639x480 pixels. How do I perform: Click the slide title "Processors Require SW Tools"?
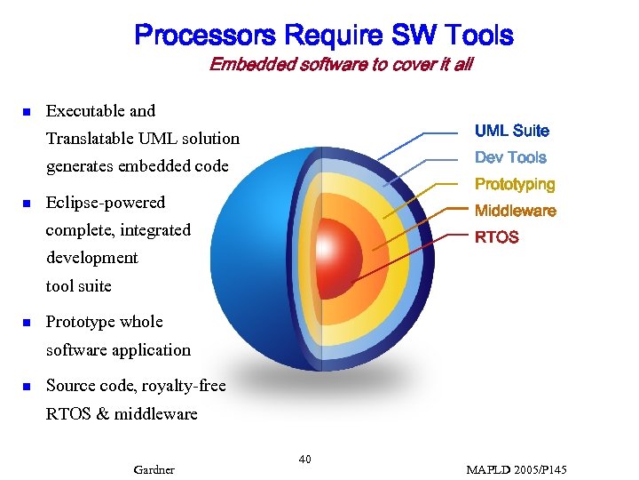323,36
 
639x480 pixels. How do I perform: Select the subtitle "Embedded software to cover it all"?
341,64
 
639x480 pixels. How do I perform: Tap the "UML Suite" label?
511,131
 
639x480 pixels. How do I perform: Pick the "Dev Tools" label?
510,157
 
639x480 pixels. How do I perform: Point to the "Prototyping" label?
515,184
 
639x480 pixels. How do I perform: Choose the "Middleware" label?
515,211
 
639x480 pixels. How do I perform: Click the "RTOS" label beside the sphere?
497,237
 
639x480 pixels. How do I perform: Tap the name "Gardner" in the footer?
154,469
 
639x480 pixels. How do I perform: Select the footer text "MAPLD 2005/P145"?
516,469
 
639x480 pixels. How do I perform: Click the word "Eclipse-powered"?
105,203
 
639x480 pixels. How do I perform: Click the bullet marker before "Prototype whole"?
27,323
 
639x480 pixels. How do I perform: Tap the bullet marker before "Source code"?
27,387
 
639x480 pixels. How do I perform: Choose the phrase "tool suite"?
79,286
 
